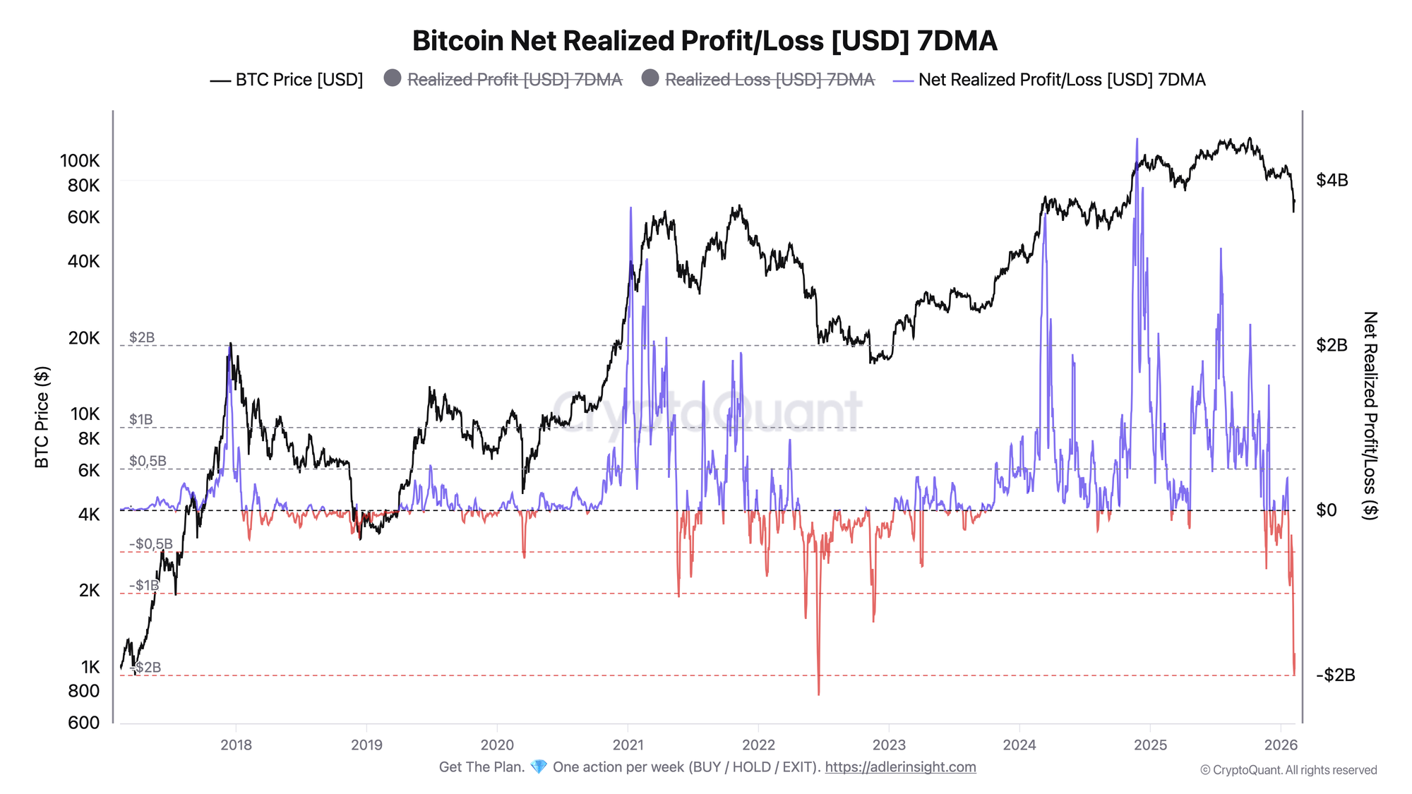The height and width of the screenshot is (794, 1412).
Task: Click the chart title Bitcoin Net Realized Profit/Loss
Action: (705, 41)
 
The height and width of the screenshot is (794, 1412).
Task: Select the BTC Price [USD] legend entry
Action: (287, 80)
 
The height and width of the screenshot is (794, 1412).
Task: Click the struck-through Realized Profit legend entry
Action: (503, 80)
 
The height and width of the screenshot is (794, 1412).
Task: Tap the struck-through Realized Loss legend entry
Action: (758, 80)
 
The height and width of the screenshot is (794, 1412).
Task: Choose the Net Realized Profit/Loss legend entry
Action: (1051, 80)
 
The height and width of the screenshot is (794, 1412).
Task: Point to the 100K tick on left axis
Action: (80, 161)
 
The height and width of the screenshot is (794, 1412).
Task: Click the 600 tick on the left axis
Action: (83, 722)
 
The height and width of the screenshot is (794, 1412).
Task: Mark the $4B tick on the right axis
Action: (1332, 180)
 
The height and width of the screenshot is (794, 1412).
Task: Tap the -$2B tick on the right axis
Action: (1335, 675)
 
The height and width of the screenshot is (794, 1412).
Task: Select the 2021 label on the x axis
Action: (628, 745)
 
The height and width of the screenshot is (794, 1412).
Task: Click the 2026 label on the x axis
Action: (1280, 745)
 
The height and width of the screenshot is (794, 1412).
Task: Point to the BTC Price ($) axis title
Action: (42, 416)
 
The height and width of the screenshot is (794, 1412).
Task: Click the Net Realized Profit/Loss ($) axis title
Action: (1370, 416)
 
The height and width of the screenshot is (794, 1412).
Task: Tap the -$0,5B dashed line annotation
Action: (150, 543)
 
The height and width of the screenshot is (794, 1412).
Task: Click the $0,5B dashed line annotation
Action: (148, 461)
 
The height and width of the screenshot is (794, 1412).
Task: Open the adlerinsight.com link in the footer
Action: (900, 767)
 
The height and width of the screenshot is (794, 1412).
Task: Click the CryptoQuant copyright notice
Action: (1288, 770)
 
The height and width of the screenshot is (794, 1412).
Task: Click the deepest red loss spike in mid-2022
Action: (819, 693)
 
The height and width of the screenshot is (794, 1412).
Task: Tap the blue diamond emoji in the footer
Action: (539, 767)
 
